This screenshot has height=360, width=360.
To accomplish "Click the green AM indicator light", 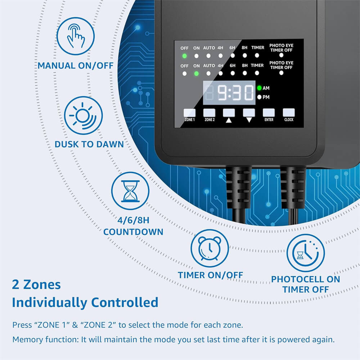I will pyautogui.click(x=259, y=88).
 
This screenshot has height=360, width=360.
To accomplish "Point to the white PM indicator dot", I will pyautogui.click(x=259, y=97).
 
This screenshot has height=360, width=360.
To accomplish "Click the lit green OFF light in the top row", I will pyautogui.click(x=185, y=56).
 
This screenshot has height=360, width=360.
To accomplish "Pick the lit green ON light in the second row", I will pyautogui.click(x=196, y=74).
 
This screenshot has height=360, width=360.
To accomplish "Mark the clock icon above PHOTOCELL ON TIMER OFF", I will pyautogui.click(x=305, y=252).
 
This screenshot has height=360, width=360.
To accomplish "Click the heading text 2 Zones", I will pyautogui.click(x=36, y=285).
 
